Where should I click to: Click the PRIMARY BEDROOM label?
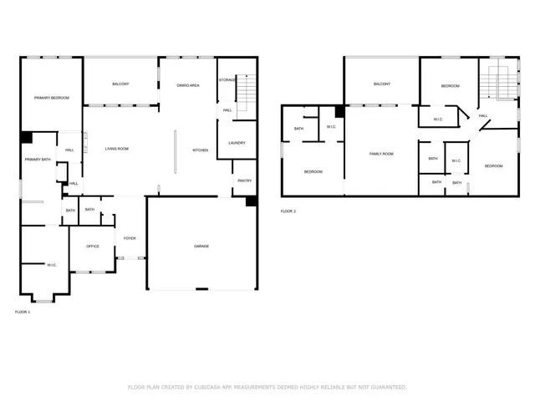[x=52, y=99]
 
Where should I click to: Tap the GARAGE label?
[x=201, y=246]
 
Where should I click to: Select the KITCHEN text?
[x=201, y=150]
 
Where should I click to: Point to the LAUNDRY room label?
[x=237, y=143]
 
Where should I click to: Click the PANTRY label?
[x=244, y=180]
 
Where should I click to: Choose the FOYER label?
[x=130, y=238]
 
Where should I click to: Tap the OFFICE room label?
[x=92, y=246]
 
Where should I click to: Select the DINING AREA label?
[x=187, y=85]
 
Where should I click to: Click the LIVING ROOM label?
[x=116, y=149]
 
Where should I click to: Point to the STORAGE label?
[x=227, y=79]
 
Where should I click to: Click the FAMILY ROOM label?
[x=381, y=154]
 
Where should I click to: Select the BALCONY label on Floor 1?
[x=120, y=84]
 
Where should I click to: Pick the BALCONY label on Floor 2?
[x=382, y=84]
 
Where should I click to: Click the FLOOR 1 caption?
[x=23, y=312]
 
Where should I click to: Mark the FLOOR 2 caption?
[x=288, y=211]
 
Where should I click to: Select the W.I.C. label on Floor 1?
[x=51, y=266]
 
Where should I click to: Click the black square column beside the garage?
[x=251, y=201]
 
